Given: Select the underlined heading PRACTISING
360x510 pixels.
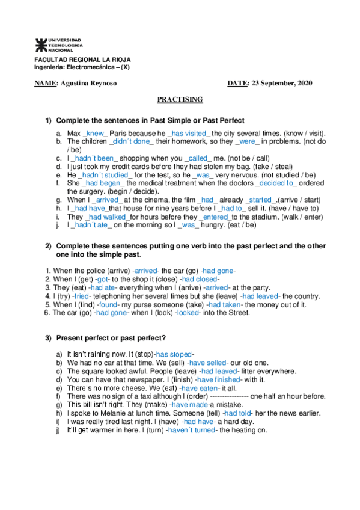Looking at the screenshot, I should (180, 99).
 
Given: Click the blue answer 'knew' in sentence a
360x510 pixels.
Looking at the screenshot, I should (96, 132).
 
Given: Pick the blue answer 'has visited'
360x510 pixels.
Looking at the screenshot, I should (189, 132).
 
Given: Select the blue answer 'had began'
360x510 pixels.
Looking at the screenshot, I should (103, 183).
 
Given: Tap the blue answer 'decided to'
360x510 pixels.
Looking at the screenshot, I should (276, 183).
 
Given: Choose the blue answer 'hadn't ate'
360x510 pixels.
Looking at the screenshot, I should (93, 225).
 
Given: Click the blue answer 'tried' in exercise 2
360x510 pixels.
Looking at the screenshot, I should (79, 296).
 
